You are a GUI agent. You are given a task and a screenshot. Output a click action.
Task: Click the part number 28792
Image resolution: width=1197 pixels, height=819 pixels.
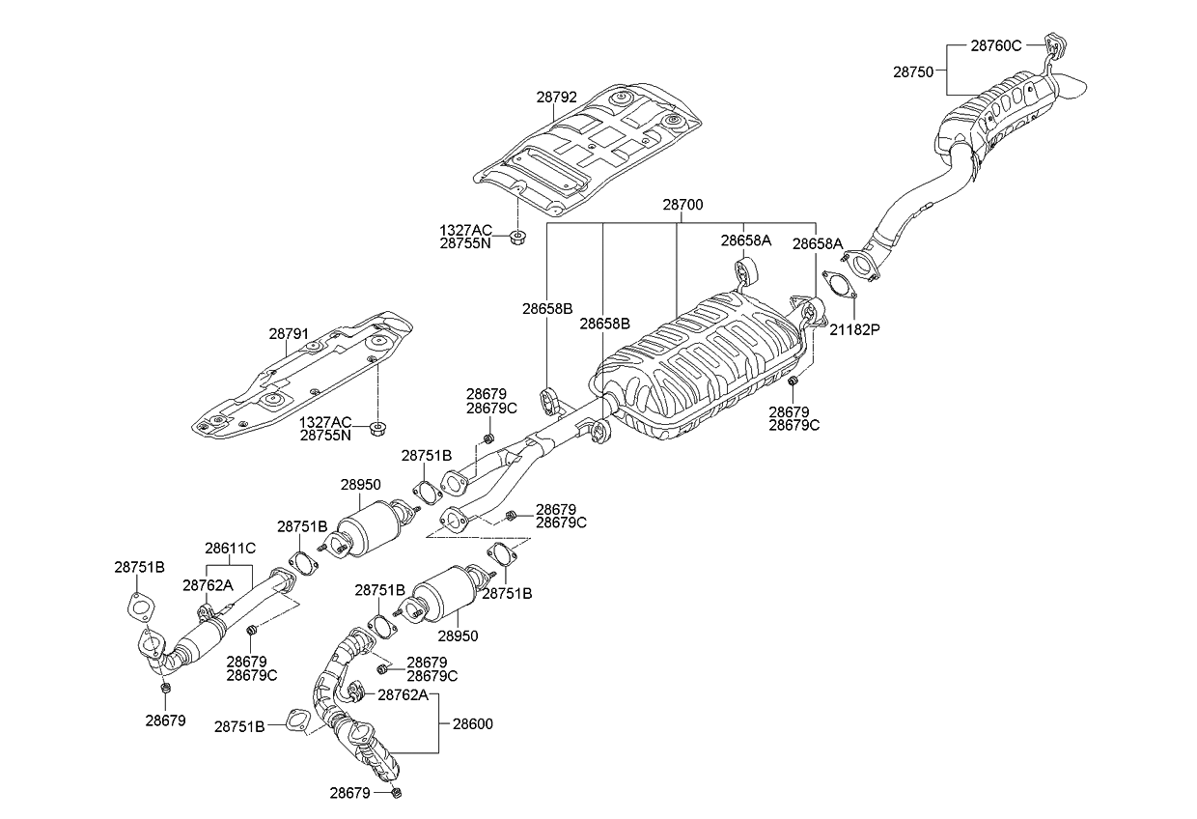click(x=557, y=98)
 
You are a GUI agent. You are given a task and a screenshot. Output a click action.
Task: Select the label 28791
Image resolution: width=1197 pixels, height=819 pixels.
click(x=289, y=334)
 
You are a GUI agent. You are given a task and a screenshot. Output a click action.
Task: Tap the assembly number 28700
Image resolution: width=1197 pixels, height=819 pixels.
click(x=682, y=206)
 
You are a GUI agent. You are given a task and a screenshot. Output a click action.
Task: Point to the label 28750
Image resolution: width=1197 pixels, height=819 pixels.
click(x=912, y=71)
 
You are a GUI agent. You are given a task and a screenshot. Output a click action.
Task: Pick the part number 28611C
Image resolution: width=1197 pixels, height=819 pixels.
click(x=230, y=548)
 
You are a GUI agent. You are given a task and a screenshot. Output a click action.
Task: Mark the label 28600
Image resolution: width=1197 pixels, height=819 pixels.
click(x=472, y=723)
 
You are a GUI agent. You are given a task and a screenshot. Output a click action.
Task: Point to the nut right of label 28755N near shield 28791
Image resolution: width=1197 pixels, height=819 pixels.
click(x=376, y=428)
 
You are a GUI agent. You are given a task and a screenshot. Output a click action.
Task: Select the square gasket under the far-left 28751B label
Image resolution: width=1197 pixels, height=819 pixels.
click(x=140, y=609)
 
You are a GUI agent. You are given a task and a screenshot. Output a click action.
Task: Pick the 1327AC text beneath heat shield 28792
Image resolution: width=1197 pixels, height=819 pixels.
click(x=465, y=230)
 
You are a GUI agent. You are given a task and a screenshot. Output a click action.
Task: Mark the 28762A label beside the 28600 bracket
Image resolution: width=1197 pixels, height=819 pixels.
click(x=402, y=694)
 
